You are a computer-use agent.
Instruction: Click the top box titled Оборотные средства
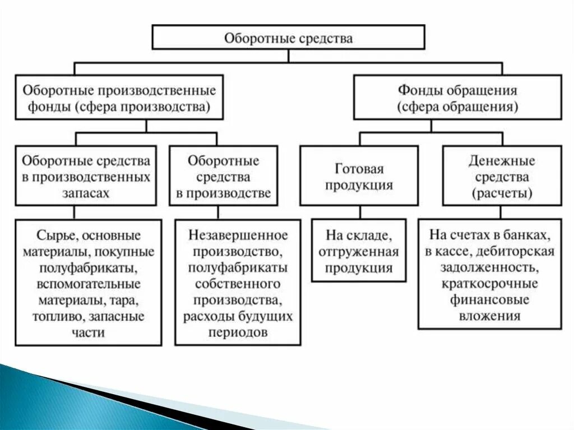click(288, 38)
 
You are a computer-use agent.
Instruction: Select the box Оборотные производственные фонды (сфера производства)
click(119, 98)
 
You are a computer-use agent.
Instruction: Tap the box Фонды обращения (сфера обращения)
click(457, 98)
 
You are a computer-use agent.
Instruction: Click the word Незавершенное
click(238, 234)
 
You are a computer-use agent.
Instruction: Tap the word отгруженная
click(359, 251)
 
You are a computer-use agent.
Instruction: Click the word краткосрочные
click(489, 283)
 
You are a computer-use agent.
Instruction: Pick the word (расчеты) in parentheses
click(502, 193)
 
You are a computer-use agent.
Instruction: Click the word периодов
click(238, 332)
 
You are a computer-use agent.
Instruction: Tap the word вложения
click(489, 316)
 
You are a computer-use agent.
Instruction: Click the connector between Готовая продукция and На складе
click(360, 212)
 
